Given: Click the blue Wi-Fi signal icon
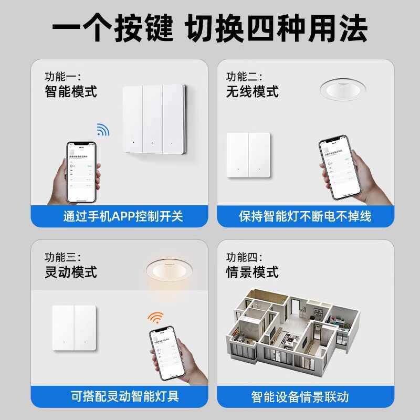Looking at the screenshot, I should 102,130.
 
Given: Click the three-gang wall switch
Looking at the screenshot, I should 153,119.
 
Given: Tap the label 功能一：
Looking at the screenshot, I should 62,77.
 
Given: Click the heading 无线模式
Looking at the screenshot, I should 252,92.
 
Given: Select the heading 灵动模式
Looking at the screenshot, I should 71,272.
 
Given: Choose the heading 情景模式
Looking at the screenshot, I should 252,272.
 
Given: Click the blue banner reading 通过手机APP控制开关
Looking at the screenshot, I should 123,216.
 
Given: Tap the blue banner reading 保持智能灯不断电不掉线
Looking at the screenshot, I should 304,216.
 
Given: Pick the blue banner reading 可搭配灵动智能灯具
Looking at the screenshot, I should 123,396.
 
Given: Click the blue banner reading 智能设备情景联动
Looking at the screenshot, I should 304,396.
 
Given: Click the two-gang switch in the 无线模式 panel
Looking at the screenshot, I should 248,154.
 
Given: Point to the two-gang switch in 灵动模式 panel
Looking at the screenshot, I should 74,328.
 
